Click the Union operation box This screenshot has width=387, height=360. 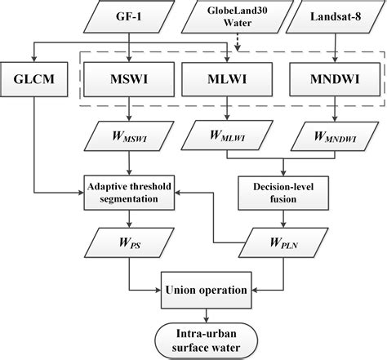coord(207,290)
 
